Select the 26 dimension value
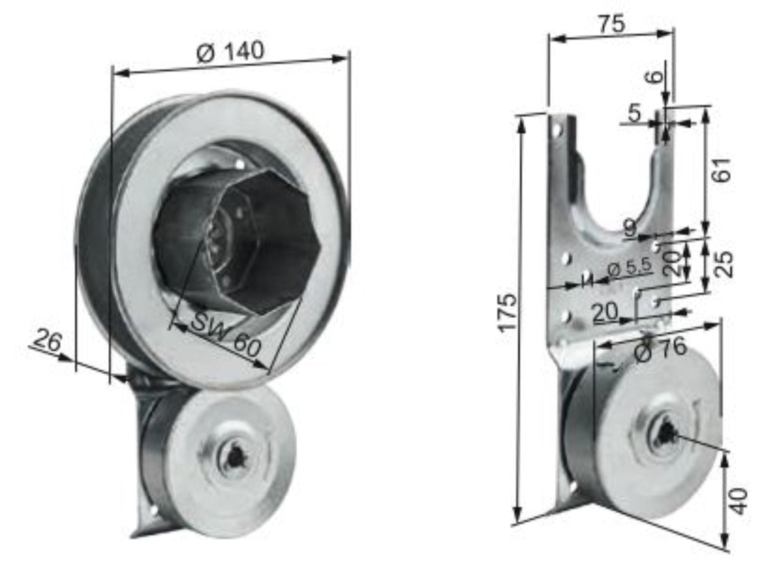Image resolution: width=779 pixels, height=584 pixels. [47, 341]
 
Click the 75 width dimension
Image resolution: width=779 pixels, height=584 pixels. [612, 24]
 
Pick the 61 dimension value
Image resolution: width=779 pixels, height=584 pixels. [723, 170]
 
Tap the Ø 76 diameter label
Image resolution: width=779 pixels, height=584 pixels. [661, 350]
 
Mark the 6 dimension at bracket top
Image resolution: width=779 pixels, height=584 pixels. [655, 75]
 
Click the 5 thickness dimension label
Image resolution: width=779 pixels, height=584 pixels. [634, 114]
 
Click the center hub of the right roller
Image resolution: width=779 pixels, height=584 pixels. [665, 433]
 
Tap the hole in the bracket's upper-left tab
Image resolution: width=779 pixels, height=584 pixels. [556, 129]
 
